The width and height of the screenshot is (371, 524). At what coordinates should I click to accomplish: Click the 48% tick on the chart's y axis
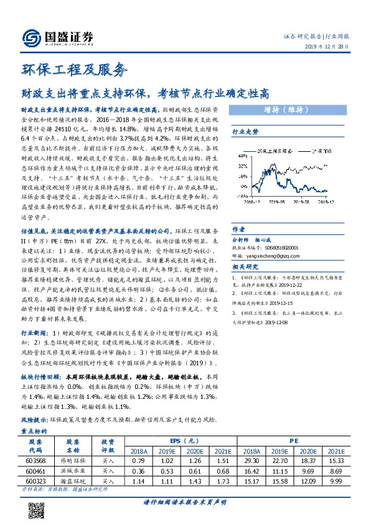pyautogui.click(x=240, y=156)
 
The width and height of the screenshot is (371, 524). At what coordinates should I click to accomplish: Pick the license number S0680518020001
pyautogui.click(x=281, y=247)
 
